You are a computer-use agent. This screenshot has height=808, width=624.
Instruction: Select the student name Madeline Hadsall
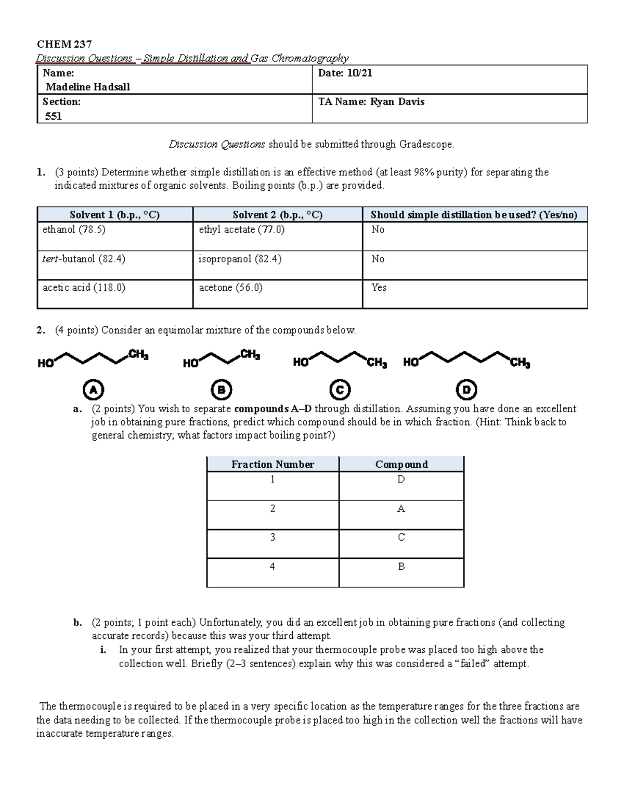(87, 87)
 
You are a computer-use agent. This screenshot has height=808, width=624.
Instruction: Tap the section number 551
(54, 116)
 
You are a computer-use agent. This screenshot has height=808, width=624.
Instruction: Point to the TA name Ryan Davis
(397, 102)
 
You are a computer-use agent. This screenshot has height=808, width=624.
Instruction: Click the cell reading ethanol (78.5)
(74, 229)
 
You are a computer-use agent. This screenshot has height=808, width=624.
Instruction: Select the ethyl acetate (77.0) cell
(241, 229)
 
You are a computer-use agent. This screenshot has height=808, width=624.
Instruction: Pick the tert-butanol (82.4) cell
(84, 259)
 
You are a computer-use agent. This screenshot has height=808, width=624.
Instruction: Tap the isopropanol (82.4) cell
(240, 259)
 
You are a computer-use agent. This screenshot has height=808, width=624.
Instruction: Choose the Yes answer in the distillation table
(379, 287)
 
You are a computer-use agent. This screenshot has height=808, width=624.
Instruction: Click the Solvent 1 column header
(114, 215)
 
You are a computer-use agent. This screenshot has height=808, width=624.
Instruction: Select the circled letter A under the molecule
(94, 390)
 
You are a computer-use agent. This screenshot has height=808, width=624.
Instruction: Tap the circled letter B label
(221, 390)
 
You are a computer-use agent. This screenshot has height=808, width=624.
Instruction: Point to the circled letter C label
(340, 390)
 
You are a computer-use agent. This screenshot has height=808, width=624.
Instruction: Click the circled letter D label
(466, 390)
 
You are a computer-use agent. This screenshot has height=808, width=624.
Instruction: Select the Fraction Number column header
(272, 464)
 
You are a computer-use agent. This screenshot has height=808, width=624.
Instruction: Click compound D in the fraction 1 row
(401, 479)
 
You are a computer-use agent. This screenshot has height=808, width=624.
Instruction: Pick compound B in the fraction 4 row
(401, 567)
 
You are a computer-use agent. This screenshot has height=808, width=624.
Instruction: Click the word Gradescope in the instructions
(426, 144)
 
